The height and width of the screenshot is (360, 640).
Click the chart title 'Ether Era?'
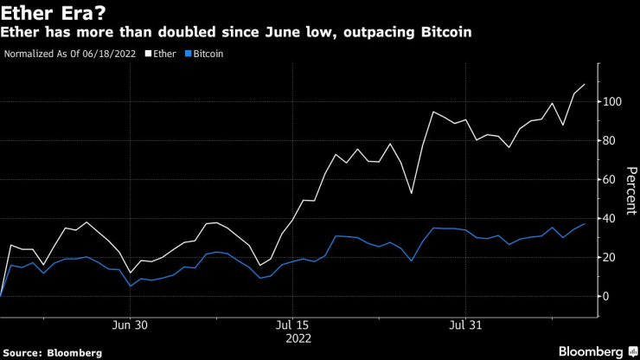click(54, 12)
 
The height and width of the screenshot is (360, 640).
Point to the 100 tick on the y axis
click(611, 101)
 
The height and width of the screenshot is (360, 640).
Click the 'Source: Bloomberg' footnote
click(53, 352)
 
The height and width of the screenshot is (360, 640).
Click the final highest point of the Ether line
click(586, 84)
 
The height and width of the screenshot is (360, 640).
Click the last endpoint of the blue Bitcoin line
click(586, 224)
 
